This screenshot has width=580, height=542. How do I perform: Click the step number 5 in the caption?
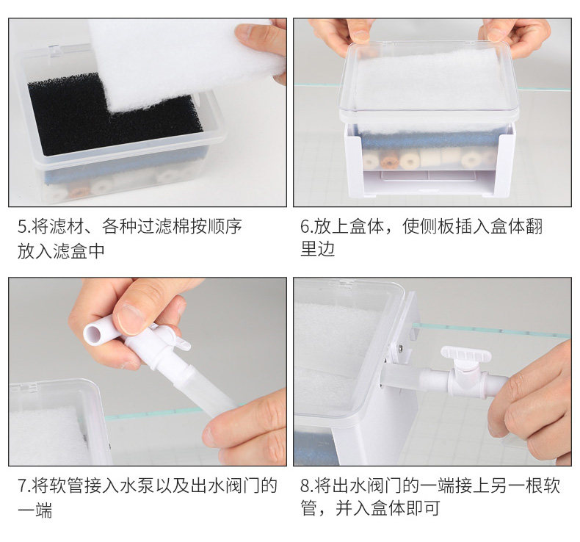22,227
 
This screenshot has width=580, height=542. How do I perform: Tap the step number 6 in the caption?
305,227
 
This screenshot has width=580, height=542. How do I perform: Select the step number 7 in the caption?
22,485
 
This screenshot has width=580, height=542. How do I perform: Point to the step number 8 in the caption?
305,485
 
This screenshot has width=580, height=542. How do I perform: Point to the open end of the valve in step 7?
93,333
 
